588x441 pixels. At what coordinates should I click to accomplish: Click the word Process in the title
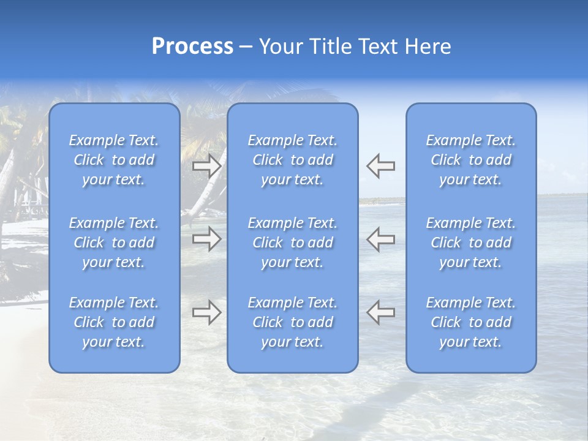tap(192, 47)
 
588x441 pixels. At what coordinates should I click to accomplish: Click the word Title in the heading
tap(328, 47)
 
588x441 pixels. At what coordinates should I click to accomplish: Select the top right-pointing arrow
tap(206, 166)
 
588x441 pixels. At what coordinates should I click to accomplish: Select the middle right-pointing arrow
tap(206, 239)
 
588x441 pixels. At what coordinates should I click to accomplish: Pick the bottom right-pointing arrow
tap(206, 312)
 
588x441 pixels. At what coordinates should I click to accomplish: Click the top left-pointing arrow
tap(381, 166)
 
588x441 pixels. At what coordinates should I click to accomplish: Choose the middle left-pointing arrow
tap(381, 239)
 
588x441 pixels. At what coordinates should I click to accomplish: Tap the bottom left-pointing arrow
tap(381, 312)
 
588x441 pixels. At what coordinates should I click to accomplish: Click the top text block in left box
tap(114, 160)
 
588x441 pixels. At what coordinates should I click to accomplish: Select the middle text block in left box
tap(114, 243)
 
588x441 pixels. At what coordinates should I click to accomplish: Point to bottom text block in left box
tap(114, 322)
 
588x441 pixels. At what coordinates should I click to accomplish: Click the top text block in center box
tap(293, 160)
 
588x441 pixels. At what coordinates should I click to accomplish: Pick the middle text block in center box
tap(293, 243)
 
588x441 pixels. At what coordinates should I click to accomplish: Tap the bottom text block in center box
tap(293, 322)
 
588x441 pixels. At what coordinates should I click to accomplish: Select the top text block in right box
tap(471, 160)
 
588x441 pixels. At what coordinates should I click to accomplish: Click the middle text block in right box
tap(471, 243)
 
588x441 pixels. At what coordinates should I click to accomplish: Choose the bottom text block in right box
tap(471, 322)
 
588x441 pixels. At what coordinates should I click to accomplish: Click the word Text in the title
tap(377, 47)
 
